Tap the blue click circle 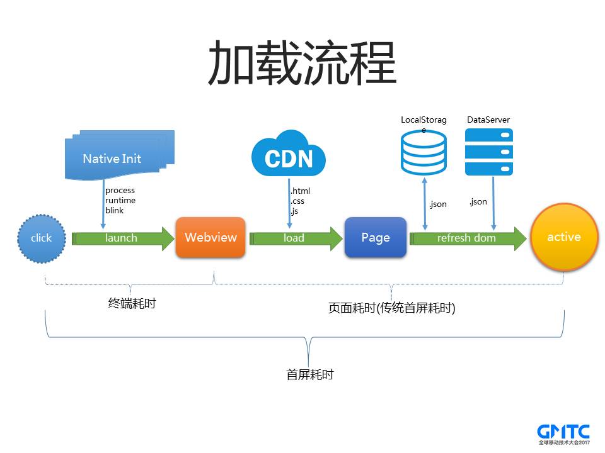coord(42,238)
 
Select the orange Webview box coord(210,237)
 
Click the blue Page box coord(375,237)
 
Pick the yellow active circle coord(563,237)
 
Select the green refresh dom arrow coord(467,238)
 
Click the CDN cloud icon coord(289,155)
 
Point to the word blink coord(115,211)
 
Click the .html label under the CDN coord(301,191)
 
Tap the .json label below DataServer coord(478,201)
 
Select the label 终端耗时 coord(132,303)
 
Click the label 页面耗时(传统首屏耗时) coord(391,308)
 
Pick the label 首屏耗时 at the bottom coord(309,375)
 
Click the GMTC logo coord(563,433)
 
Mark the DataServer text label coord(488,120)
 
